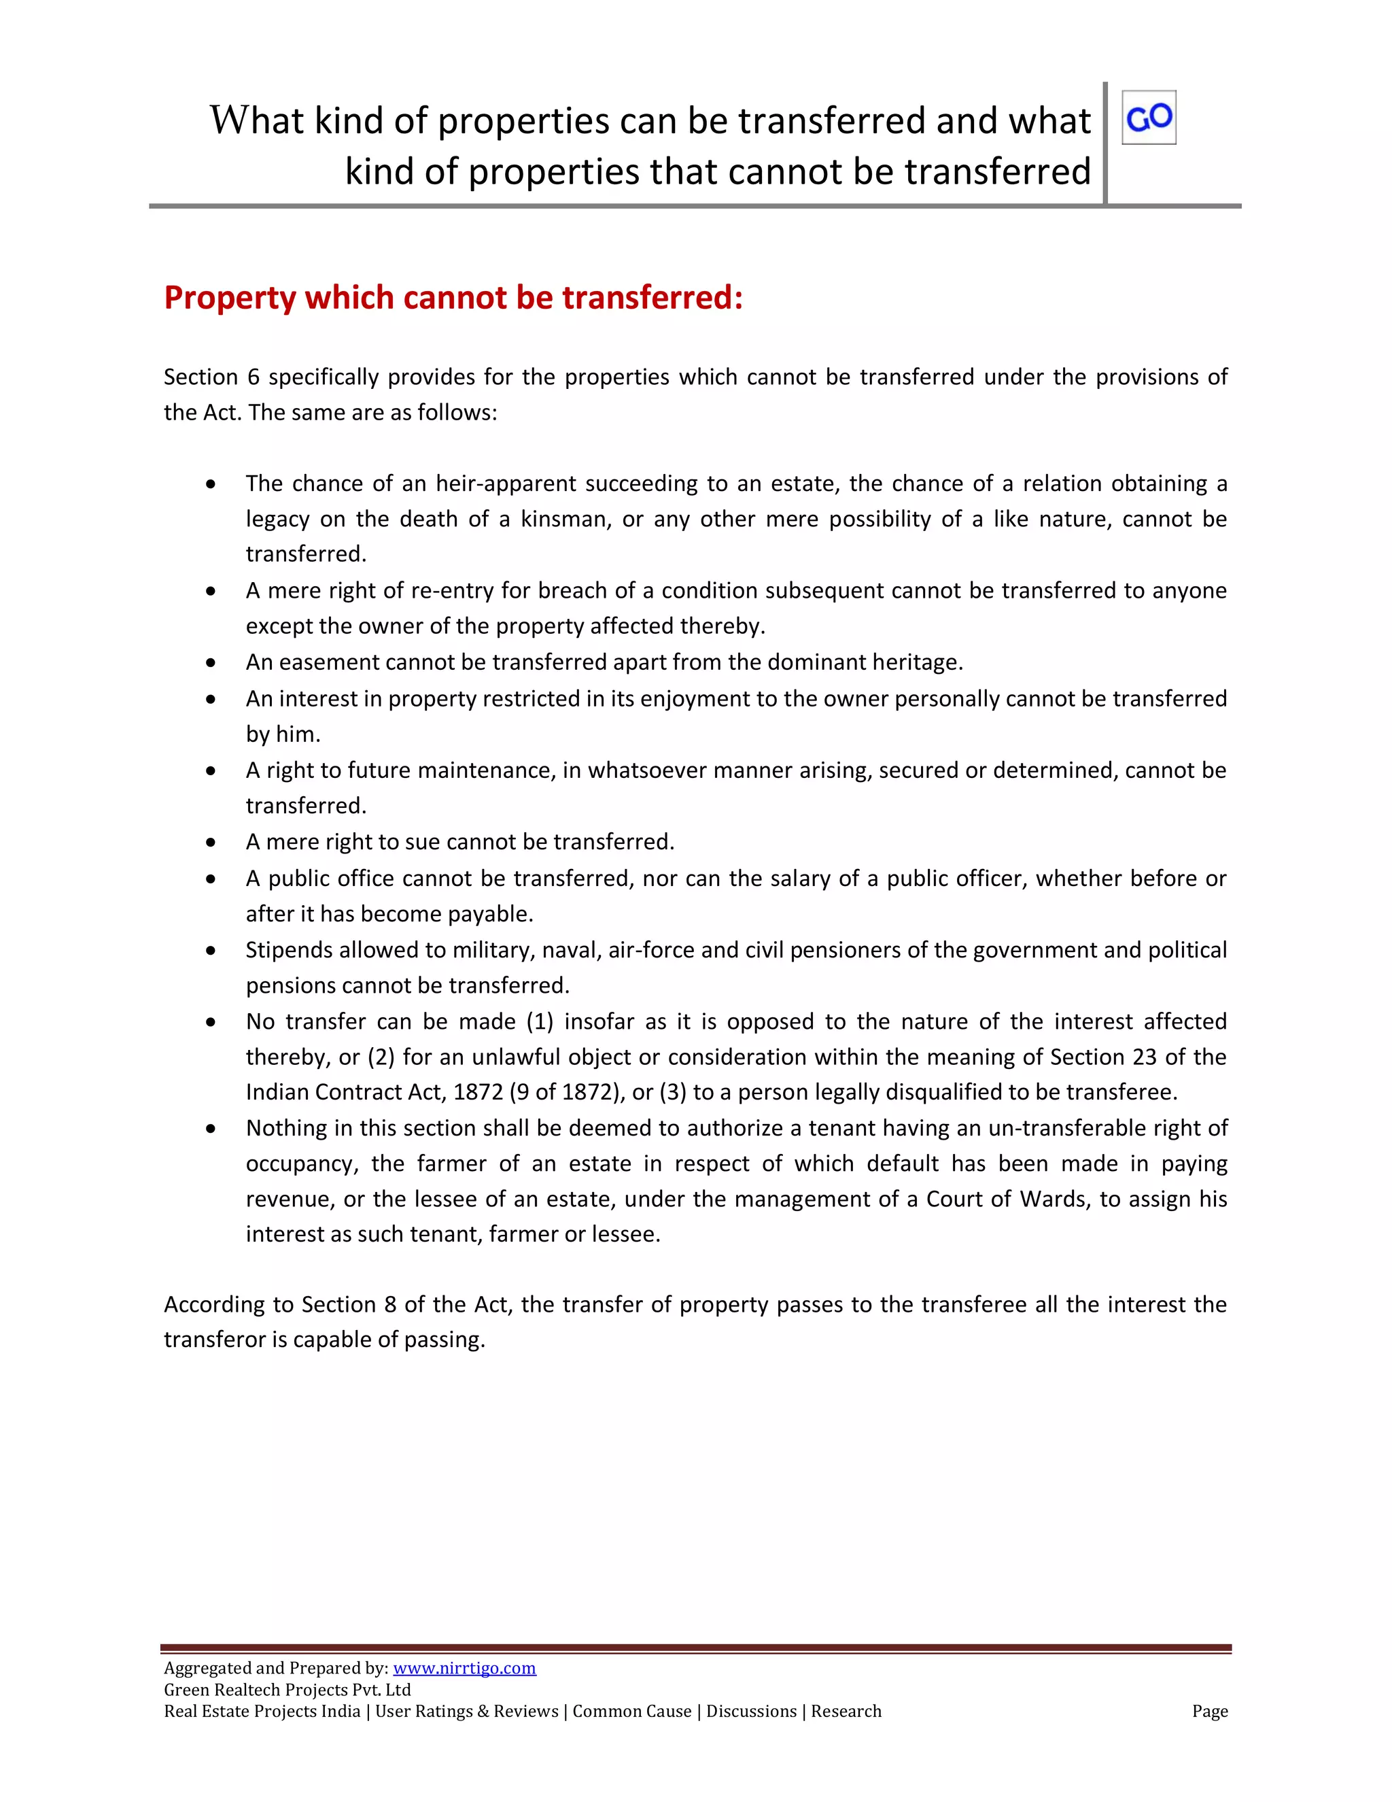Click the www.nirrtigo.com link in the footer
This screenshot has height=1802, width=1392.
pos(464,1667)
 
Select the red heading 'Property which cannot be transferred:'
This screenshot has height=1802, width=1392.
pos(453,298)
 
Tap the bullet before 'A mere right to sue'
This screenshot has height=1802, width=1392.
pos(212,843)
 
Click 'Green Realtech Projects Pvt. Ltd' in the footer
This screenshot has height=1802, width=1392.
pos(287,1689)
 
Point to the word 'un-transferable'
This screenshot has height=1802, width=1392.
pos(1073,1128)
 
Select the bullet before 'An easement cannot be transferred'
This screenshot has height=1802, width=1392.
pos(212,662)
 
